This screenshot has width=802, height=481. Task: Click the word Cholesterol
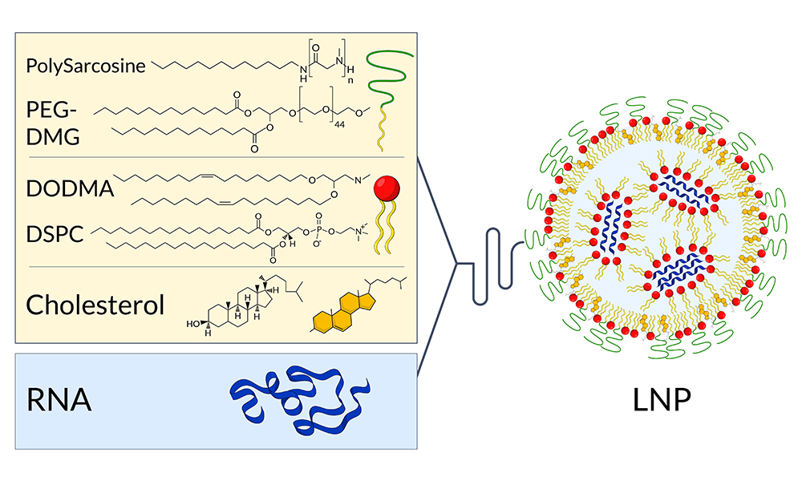coord(95,305)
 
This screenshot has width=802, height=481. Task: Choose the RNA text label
coord(59,399)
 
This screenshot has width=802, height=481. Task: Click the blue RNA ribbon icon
coord(299,398)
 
